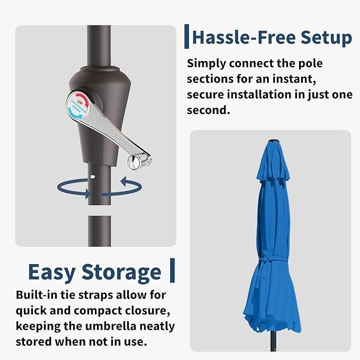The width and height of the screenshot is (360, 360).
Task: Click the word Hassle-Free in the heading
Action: pyautogui.click(x=244, y=38)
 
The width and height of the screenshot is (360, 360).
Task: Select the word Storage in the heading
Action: pyautogui.click(x=121, y=273)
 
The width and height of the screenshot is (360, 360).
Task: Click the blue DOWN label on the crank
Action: pyautogui.click(x=76, y=109)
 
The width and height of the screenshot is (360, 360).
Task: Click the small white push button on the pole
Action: pyautogui.click(x=93, y=177)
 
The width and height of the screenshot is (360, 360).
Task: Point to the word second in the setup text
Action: pyautogui.click(x=208, y=110)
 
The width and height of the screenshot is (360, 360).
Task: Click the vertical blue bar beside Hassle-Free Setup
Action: pyautogui.click(x=187, y=36)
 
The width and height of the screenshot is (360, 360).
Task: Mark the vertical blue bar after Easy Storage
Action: pyautogui.click(x=172, y=270)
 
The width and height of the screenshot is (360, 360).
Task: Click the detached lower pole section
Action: pyautogui.click(x=100, y=231)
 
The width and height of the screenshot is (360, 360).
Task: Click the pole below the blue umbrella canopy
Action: pyautogui.click(x=273, y=342)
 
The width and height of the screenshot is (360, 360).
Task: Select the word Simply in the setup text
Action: pyautogui.click(x=206, y=64)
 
